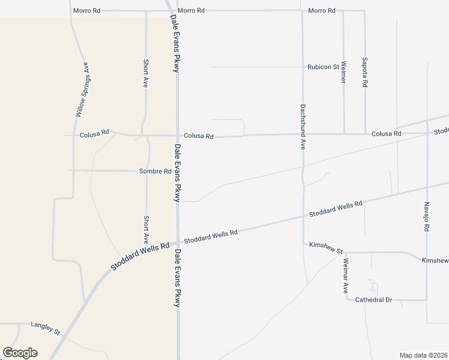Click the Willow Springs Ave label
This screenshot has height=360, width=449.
[x=82, y=89]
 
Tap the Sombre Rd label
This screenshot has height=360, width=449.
[x=155, y=171]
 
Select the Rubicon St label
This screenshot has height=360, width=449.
[x=323, y=67]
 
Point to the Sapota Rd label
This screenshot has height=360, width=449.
[x=365, y=73]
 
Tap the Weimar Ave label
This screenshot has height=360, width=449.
[x=346, y=274]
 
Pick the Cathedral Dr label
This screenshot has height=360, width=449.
[x=373, y=299]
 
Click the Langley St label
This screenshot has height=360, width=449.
[x=46, y=325]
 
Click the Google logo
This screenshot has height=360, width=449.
[x=20, y=353]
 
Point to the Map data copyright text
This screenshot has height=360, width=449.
[x=424, y=355]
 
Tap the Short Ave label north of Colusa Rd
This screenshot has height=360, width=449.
[x=145, y=73]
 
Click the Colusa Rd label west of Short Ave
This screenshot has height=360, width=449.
[x=94, y=135]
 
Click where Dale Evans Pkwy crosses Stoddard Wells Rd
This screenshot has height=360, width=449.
[x=178, y=243]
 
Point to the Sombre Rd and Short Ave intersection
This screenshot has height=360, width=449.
[x=147, y=171]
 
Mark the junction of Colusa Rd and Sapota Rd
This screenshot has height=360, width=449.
[x=365, y=133]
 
